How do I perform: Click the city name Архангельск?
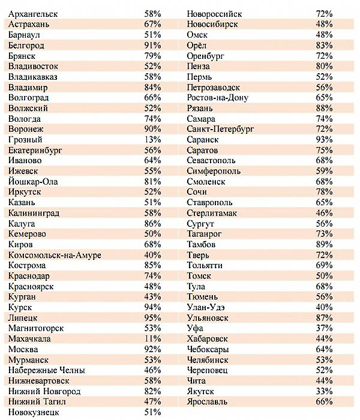pyautogui.click(x=33, y=14)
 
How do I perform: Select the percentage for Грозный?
pyautogui.click(x=152, y=140)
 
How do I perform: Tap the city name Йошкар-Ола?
pyautogui.click(x=33, y=182)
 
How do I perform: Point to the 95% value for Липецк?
pyautogui.click(x=152, y=317)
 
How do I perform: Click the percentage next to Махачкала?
pyautogui.click(x=152, y=338)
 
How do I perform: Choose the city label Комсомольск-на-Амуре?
pyautogui.click(x=55, y=255)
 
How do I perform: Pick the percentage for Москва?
pyautogui.click(x=152, y=349)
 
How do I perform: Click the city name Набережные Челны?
pyautogui.click(x=47, y=370)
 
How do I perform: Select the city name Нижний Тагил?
pyautogui.click(x=37, y=401)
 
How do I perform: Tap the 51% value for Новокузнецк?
pyautogui.click(x=152, y=412)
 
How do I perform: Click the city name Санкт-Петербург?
pyautogui.click(x=220, y=129)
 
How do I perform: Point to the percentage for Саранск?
pyautogui.click(x=324, y=140)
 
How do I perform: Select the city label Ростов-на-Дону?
pyautogui.click(x=217, y=98)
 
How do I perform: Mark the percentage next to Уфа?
pyautogui.click(x=324, y=328)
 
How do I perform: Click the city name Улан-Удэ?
pyautogui.click(x=206, y=307)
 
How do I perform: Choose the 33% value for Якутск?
pyautogui.click(x=324, y=391)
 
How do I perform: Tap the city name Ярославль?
pyautogui.click(x=207, y=402)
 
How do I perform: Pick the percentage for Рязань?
pyautogui.click(x=324, y=108)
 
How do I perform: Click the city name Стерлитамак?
pyautogui.click(x=212, y=213)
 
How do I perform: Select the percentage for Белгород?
pyautogui.click(x=152, y=45)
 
